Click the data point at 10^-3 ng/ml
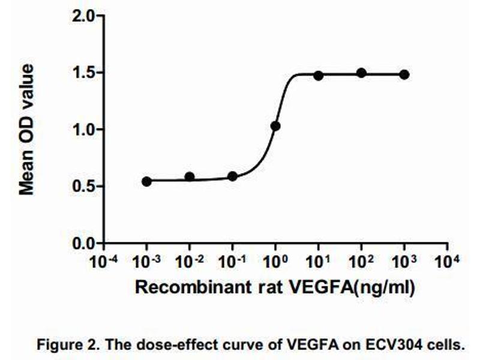click(x=147, y=181)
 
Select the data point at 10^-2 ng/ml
click(x=190, y=177)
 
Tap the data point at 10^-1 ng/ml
click(x=233, y=176)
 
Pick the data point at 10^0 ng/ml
click(x=275, y=126)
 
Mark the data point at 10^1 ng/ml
click(x=318, y=76)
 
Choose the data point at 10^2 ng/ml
click(x=361, y=73)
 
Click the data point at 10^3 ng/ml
click(x=404, y=74)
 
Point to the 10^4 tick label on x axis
click(x=448, y=262)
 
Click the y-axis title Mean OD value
click(x=26, y=130)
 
